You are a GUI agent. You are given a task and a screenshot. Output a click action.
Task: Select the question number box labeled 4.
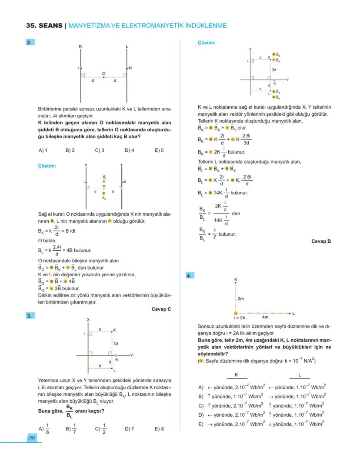(190, 276)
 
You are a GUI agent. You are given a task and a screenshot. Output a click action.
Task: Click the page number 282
(32, 438)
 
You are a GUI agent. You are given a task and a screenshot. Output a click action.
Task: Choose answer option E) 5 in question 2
(159, 150)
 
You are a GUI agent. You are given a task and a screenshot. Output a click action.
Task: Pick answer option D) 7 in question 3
(129, 428)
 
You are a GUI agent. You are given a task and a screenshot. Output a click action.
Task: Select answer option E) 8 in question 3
(159, 428)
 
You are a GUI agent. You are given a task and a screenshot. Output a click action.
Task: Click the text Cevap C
(161, 309)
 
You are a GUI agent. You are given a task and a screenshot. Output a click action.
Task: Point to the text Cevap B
(321, 241)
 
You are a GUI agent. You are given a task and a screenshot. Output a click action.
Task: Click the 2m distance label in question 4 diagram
(241, 299)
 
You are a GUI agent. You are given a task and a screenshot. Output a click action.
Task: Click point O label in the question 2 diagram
(103, 73)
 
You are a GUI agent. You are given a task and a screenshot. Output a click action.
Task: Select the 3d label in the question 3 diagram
(116, 344)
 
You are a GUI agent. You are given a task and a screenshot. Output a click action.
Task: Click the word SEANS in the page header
(50, 26)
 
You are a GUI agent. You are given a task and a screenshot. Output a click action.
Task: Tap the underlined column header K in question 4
(236, 374)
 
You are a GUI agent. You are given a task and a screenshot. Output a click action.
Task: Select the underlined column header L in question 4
(300, 374)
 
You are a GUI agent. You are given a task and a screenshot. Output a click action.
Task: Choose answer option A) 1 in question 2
(43, 150)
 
